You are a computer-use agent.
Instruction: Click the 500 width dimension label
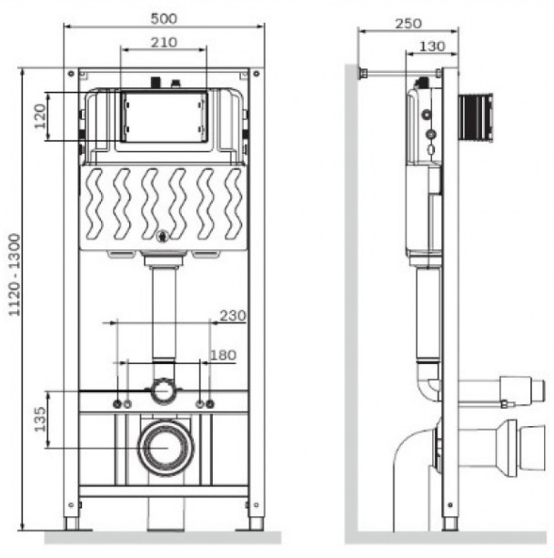tap(164, 18)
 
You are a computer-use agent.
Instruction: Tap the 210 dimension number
tap(164, 43)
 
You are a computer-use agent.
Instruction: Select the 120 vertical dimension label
tap(40, 116)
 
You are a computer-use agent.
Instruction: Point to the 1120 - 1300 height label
tap(15, 274)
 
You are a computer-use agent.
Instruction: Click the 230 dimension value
tap(233, 316)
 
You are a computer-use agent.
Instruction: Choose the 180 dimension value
tap(223, 355)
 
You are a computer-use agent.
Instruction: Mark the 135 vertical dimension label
tap(40, 419)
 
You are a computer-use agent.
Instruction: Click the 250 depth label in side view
tap(408, 24)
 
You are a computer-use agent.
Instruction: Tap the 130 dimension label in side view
tap(432, 46)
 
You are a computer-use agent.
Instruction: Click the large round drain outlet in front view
tap(166, 448)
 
